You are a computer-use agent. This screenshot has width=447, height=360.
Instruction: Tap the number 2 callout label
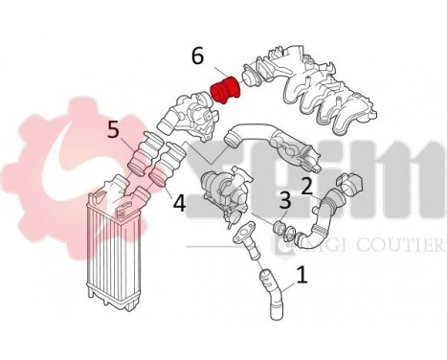click(307, 186)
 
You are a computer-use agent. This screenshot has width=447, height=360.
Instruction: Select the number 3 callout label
click(285, 200)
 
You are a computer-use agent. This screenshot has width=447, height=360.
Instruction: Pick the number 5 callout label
click(114, 129)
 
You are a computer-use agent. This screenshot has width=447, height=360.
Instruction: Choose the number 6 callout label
click(197, 56)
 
